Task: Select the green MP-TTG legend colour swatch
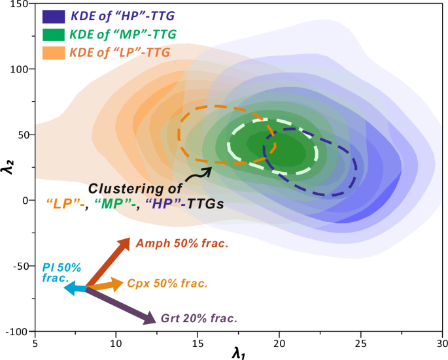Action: [55, 33]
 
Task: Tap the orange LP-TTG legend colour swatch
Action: [55, 50]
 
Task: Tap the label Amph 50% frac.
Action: [182, 244]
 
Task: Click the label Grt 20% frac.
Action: [198, 319]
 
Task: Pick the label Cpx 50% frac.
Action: [167, 284]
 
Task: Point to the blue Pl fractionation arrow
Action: [75, 287]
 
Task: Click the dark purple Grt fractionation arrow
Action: [121, 305]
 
